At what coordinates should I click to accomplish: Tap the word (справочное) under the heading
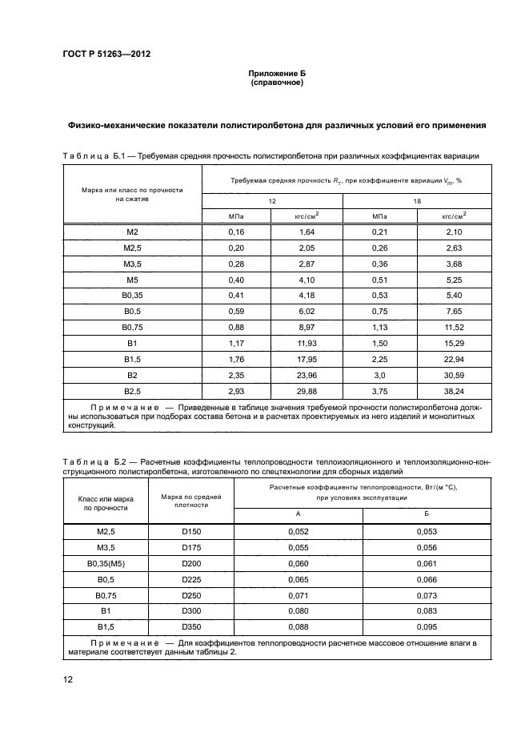[x=276, y=83]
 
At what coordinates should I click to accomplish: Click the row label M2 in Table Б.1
[x=132, y=232]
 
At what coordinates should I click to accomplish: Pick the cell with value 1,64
[x=307, y=232]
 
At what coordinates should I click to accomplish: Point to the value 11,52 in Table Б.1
[x=452, y=328]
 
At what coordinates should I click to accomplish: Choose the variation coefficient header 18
[x=417, y=201]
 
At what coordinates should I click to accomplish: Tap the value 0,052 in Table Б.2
[x=298, y=531]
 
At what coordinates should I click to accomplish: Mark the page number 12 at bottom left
[x=68, y=680]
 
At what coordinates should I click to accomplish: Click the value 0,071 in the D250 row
[x=298, y=594]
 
